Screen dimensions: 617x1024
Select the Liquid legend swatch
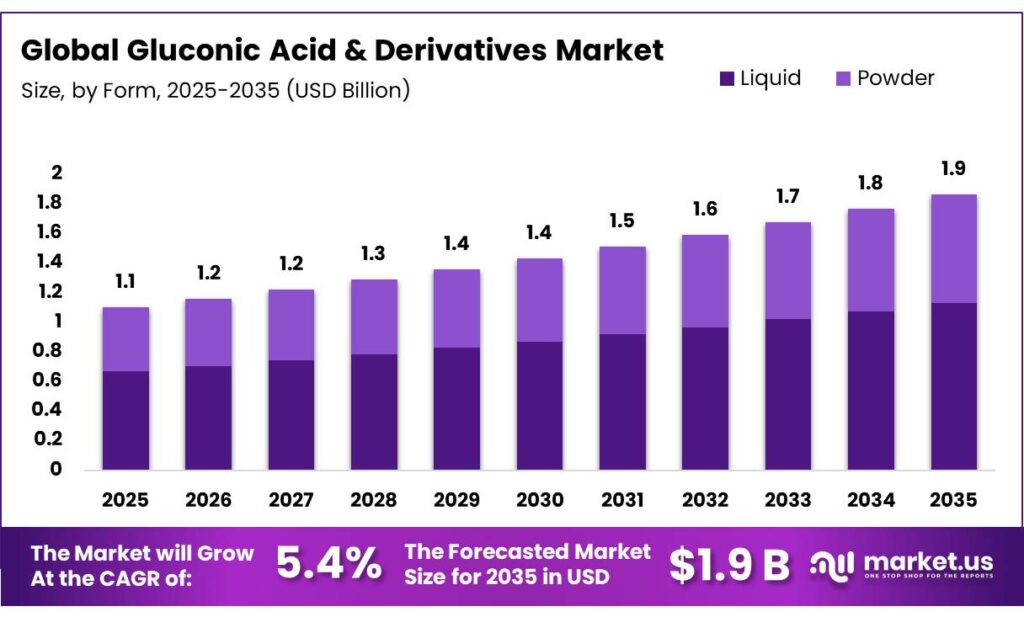[725, 78]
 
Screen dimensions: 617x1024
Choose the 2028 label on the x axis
[374, 499]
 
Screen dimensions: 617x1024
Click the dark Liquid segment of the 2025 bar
[125, 420]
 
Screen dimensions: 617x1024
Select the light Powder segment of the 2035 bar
[954, 248]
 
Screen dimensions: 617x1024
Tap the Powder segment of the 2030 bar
[540, 300]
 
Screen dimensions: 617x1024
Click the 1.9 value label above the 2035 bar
[954, 168]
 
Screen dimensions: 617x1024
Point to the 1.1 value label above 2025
[125, 282]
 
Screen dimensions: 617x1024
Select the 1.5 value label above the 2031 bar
[623, 221]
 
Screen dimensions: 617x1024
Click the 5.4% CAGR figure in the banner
[328, 565]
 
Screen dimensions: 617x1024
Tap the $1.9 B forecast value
[729, 565]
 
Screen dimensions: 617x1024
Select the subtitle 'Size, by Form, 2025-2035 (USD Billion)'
[215, 90]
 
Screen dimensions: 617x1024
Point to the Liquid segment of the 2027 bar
[291, 414]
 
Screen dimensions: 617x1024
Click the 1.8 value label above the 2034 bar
[871, 183]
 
